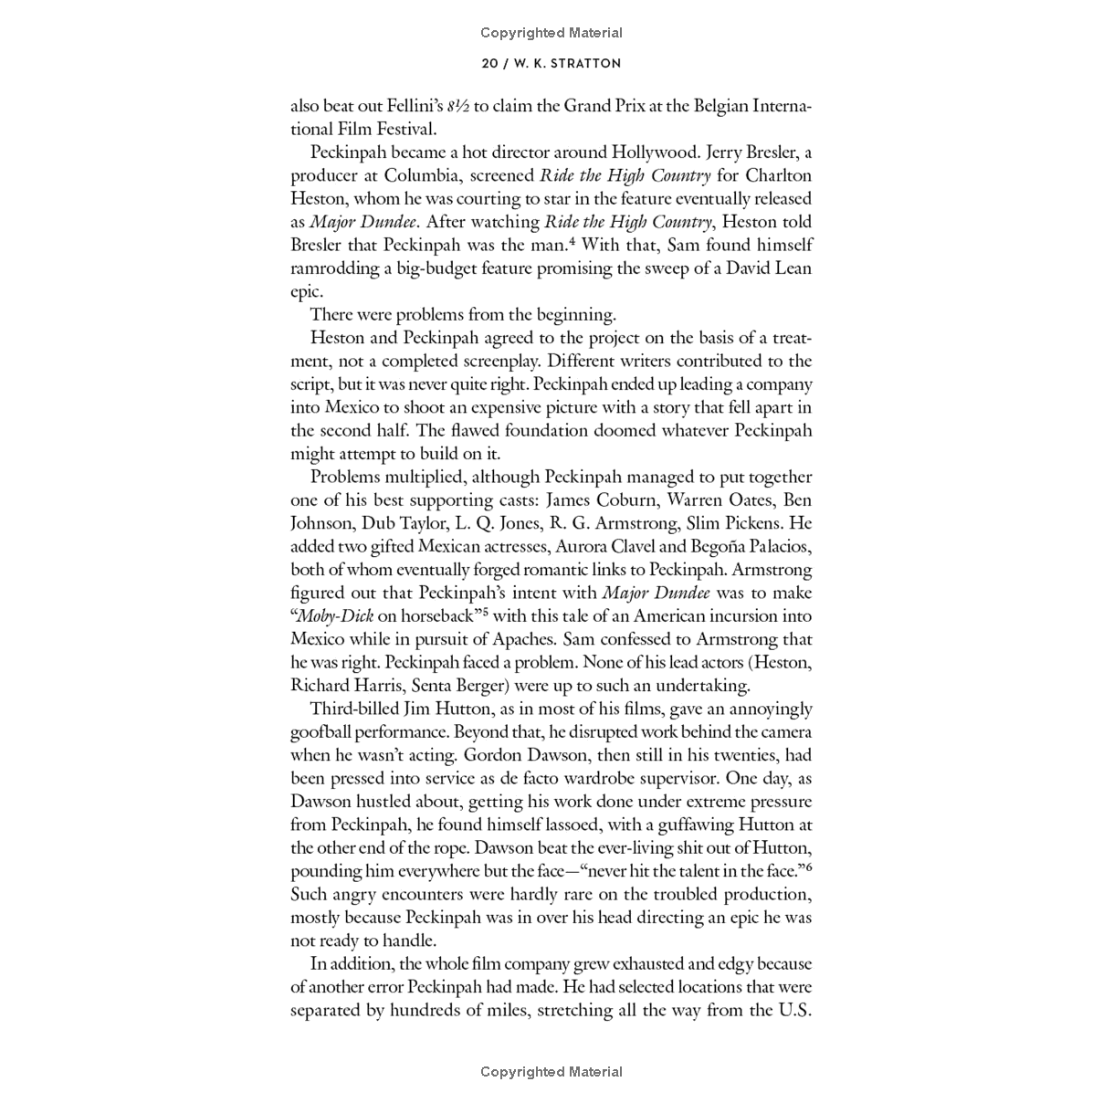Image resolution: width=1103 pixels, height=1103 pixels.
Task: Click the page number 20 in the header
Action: click(x=490, y=64)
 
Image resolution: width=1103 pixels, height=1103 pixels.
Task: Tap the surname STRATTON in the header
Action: click(x=585, y=64)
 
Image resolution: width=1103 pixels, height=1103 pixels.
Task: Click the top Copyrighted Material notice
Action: click(x=551, y=33)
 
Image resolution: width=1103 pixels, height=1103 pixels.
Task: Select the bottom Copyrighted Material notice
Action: click(x=551, y=1072)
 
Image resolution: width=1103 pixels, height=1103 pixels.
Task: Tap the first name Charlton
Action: click(x=778, y=175)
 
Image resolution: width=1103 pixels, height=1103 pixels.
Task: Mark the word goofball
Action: click(x=324, y=732)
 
